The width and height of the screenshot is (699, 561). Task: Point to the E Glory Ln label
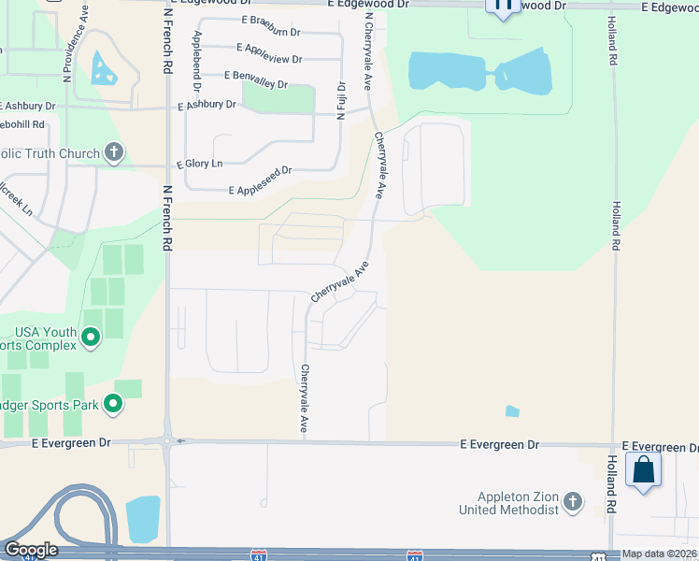[x=200, y=164]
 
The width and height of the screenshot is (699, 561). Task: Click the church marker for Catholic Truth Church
[x=114, y=152]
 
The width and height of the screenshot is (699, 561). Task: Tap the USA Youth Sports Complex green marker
[x=91, y=337]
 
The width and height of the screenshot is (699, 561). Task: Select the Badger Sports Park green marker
[x=113, y=404]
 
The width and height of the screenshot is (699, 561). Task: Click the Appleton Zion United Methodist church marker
[x=573, y=504]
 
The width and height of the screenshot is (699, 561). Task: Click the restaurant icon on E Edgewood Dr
[x=503, y=6]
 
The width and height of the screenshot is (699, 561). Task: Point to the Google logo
[x=30, y=550]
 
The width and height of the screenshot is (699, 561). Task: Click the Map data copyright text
[x=658, y=554]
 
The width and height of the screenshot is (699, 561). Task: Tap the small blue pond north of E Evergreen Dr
[x=512, y=410]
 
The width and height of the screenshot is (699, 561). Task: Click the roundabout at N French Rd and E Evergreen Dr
[x=167, y=440]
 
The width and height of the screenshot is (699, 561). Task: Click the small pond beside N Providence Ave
[x=102, y=68]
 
